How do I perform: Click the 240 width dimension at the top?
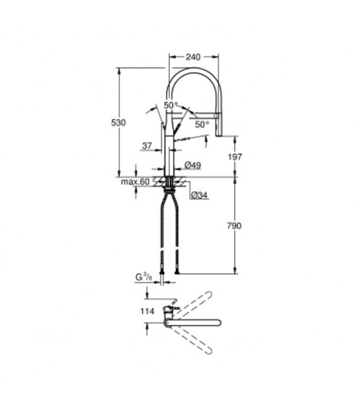(194, 57)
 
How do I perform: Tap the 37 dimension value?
(147, 146)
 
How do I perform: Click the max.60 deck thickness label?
(135, 182)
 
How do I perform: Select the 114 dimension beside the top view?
(147, 310)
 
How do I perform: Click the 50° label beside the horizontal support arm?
(201, 124)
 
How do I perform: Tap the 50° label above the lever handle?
(171, 105)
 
